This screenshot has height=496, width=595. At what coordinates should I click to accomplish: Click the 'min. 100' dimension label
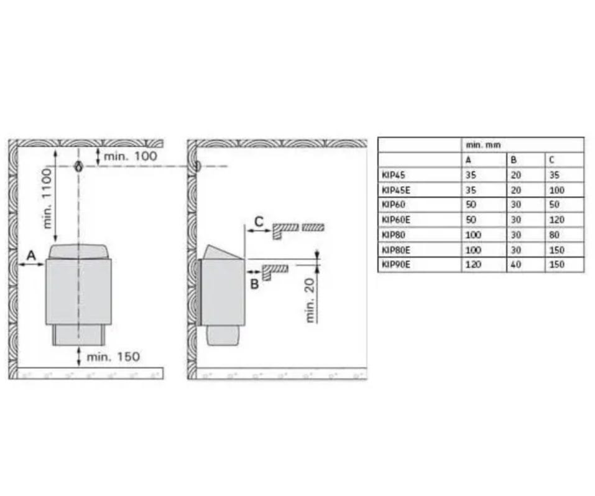point(130,156)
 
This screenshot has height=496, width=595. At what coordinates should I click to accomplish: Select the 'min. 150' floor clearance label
point(113,357)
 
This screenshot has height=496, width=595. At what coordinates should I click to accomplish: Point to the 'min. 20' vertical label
point(310,301)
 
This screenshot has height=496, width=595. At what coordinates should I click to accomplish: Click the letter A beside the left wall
point(31,255)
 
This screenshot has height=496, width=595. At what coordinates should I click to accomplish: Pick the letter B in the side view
point(254,284)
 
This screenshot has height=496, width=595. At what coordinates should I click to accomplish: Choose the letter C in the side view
point(259,222)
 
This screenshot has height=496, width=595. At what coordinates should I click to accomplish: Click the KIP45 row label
point(394,175)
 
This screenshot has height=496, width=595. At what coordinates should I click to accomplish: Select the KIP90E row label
point(396,264)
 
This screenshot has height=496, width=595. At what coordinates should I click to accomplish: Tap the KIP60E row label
point(396,220)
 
